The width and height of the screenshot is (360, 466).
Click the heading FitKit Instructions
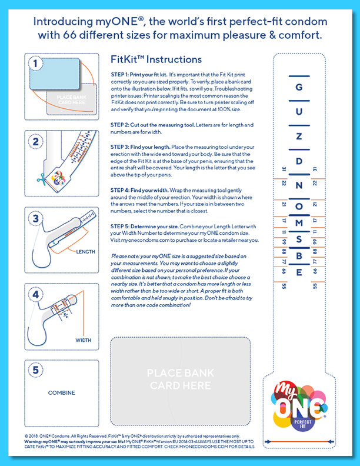click(156, 60)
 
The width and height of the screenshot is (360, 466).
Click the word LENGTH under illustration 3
click(85, 251)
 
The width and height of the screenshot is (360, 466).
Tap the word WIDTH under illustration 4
click(83, 340)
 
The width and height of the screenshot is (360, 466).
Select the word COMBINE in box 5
click(61, 392)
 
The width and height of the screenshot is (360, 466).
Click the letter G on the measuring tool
click(299, 87)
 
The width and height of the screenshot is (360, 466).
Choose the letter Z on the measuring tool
click(299, 137)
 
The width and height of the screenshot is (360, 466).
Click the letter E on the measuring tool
click(299, 272)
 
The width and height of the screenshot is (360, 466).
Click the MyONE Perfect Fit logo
click(299, 407)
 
